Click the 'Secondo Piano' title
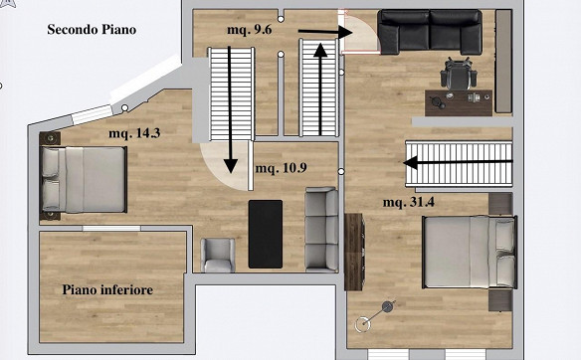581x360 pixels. (92, 30)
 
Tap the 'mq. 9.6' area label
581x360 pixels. (250, 30)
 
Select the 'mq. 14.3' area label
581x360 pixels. (134, 133)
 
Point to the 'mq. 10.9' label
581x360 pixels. (281, 168)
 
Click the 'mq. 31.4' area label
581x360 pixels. (409, 202)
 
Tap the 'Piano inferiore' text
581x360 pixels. (107, 289)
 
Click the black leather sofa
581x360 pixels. (430, 32)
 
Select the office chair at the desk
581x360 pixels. (459, 74)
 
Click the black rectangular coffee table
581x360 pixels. (266, 234)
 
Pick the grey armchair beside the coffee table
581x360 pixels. (218, 256)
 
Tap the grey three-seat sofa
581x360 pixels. (321, 230)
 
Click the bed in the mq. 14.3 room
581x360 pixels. (84, 180)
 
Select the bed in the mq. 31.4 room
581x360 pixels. (470, 252)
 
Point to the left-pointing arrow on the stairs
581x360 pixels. (458, 162)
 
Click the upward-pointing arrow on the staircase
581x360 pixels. (320, 89)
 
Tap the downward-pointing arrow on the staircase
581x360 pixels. (231, 109)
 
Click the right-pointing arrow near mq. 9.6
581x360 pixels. (325, 32)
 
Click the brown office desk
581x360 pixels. (459, 103)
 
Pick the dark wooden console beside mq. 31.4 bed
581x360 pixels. (354, 252)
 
